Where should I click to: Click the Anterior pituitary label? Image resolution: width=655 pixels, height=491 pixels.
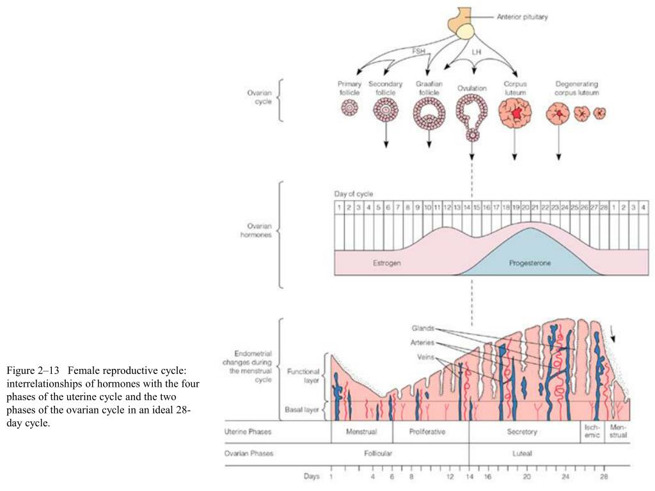[x=522, y=17]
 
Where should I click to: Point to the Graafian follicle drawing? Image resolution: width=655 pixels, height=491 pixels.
[x=428, y=113]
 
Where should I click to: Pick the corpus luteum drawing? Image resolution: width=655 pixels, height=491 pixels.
[x=514, y=113]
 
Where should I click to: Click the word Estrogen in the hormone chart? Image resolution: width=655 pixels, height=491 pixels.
[x=387, y=263]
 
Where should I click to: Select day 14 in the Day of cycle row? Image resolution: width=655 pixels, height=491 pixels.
[x=467, y=208]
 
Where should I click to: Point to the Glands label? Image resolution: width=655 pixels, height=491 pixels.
[x=423, y=329]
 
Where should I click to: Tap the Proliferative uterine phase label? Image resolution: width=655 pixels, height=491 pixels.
[x=427, y=432]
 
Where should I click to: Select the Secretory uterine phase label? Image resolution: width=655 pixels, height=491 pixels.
[x=522, y=432]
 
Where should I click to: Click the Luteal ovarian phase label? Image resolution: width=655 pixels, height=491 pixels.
[x=522, y=454]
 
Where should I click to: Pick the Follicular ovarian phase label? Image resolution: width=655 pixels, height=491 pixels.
[x=378, y=454]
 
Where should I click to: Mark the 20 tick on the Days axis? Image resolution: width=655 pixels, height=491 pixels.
[x=526, y=476]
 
